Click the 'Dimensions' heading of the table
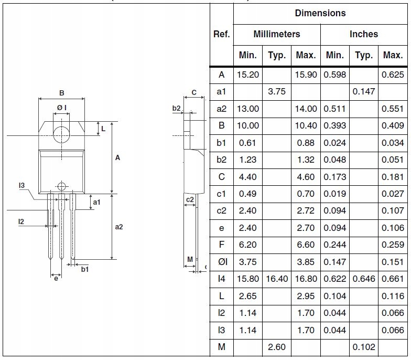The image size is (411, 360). (x=320, y=13)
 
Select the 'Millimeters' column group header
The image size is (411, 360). (x=277, y=34)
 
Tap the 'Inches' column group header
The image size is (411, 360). (x=364, y=34)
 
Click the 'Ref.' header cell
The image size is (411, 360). (x=221, y=34)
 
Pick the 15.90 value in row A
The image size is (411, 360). (x=306, y=75)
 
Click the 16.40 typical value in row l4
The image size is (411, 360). (x=277, y=279)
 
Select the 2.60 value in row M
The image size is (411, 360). (x=277, y=347)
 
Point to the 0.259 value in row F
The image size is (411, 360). (x=393, y=245)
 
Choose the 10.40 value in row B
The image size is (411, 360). (x=306, y=126)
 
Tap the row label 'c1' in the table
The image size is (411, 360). (x=221, y=194)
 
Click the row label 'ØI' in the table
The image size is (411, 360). (x=221, y=262)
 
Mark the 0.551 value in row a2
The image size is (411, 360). (x=393, y=109)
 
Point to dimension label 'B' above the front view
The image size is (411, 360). (x=61, y=93)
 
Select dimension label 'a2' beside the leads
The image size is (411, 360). (x=119, y=227)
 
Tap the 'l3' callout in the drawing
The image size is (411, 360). (x=21, y=185)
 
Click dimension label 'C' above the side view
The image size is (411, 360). (x=194, y=93)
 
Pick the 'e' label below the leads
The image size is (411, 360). (x=56, y=278)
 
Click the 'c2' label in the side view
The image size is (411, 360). (x=190, y=199)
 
